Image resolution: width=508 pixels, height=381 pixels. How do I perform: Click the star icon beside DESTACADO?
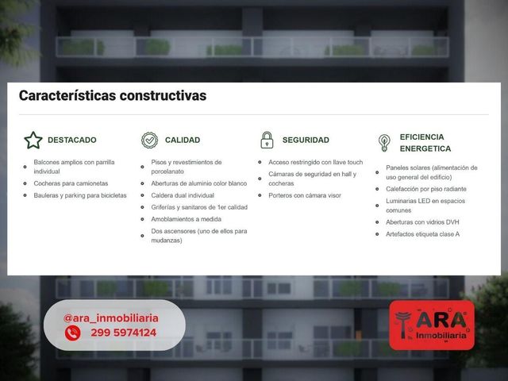pyautogui.click(x=33, y=140)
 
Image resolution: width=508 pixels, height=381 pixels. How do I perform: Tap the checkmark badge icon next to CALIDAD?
pyautogui.click(x=150, y=140)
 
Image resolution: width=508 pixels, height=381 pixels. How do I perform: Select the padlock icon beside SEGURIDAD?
pyautogui.click(x=267, y=140)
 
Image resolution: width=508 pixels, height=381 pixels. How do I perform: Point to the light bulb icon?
pyautogui.click(x=384, y=143)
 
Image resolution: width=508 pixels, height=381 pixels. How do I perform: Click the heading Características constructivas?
pyautogui.click(x=113, y=95)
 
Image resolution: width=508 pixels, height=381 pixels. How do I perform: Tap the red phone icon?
pyautogui.click(x=72, y=333)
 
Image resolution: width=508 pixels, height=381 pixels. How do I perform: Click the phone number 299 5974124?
pyautogui.click(x=124, y=333)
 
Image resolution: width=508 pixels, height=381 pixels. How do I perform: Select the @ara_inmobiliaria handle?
pyautogui.click(x=111, y=318)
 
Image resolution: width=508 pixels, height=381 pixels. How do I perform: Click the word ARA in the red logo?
pyautogui.click(x=441, y=320)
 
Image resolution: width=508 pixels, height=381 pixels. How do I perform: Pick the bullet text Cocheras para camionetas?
pyautogui.click(x=71, y=183)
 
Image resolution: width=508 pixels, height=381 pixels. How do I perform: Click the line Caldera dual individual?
pyautogui.click(x=183, y=195)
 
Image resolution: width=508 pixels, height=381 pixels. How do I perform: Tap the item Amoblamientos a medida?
pyautogui.click(x=187, y=219)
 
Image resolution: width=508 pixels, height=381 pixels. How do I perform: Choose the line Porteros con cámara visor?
pyautogui.click(x=305, y=195)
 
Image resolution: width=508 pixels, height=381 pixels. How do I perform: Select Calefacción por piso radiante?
pyautogui.click(x=426, y=189)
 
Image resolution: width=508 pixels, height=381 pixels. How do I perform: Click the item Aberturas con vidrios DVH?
pyautogui.click(x=422, y=222)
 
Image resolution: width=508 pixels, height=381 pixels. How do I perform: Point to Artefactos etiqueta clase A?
pyautogui.click(x=423, y=234)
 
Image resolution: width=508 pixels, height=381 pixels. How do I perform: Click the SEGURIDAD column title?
pyautogui.click(x=306, y=140)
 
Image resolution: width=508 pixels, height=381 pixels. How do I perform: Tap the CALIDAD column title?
pyautogui.click(x=183, y=140)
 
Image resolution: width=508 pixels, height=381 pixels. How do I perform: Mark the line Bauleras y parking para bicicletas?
pyautogui.click(x=80, y=195)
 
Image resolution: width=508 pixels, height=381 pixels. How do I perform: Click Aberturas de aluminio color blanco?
pyautogui.click(x=199, y=183)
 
